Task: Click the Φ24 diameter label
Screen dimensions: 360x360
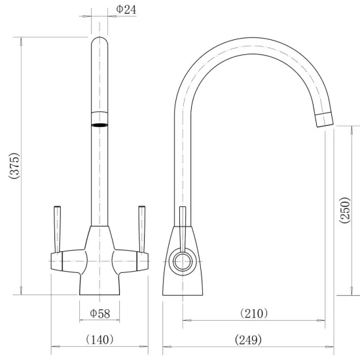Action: (126, 10)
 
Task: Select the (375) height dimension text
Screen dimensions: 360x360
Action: (14, 166)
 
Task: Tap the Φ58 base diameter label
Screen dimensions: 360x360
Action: (100, 314)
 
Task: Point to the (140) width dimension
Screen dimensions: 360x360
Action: (99, 340)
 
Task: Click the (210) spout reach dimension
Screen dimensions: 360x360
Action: (254, 314)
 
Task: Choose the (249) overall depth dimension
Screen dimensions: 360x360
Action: (248, 340)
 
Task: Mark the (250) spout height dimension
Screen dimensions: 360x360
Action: (345, 210)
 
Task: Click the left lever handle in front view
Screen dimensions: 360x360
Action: (57, 229)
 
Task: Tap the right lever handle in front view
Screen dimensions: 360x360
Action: (142, 229)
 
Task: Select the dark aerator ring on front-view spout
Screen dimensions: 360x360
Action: (99, 125)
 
